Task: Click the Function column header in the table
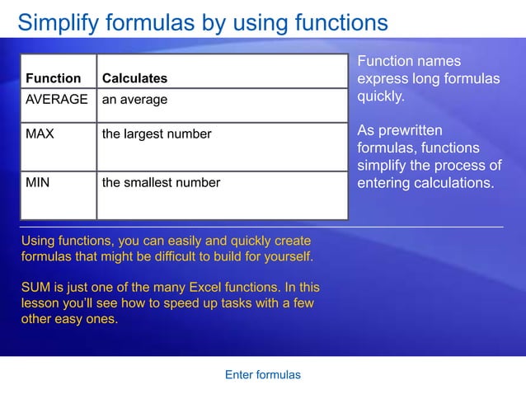point(54,78)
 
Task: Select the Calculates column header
point(134,78)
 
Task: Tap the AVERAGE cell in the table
point(57,99)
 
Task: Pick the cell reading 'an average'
point(134,99)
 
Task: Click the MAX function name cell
point(40,134)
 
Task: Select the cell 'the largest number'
point(157,134)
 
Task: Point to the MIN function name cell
point(37,182)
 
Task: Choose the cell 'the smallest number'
point(161,182)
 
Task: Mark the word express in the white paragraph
point(382,79)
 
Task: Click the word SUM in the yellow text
point(35,287)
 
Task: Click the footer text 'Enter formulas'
point(262,374)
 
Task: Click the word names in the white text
point(438,61)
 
